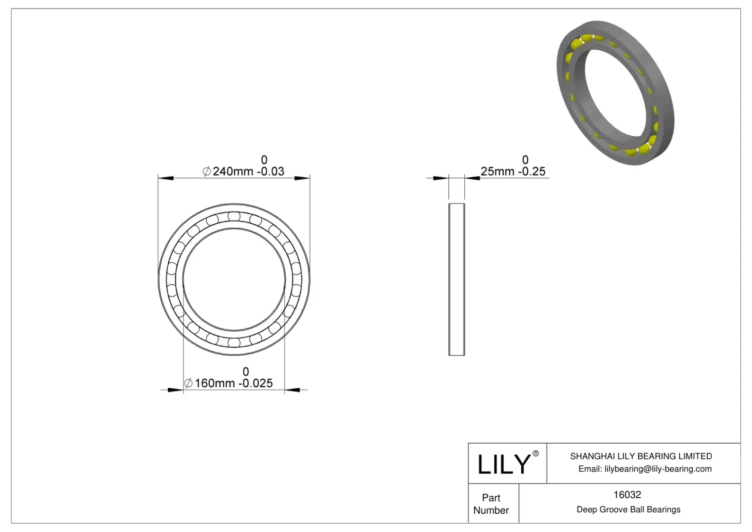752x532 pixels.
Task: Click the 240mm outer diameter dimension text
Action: pyautogui.click(x=233, y=172)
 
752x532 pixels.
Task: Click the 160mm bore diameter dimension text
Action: pyautogui.click(x=215, y=383)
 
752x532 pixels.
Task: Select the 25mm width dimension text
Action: pyautogui.click(x=497, y=172)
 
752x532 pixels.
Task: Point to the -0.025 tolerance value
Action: pyautogui.click(x=256, y=383)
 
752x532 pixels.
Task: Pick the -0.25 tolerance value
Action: pyautogui.click(x=532, y=172)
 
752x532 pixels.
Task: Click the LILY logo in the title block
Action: pyautogui.click(x=504, y=464)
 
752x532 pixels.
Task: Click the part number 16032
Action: pyautogui.click(x=627, y=494)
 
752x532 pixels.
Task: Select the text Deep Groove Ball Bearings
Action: pyautogui.click(x=628, y=509)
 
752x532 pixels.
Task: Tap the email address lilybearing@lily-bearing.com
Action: pyautogui.click(x=658, y=469)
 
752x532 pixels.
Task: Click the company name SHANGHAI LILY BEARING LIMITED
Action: pyautogui.click(x=641, y=456)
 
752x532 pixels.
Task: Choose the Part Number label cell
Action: pyautogui.click(x=491, y=504)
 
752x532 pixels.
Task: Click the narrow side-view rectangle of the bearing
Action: pyautogui.click(x=456, y=279)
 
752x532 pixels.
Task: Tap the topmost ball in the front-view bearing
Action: pyautogui.click(x=234, y=216)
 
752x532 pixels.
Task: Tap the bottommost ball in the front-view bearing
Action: pyautogui.click(x=234, y=342)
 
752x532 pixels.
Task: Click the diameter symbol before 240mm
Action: pyautogui.click(x=207, y=172)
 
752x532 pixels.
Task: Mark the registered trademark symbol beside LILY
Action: pyautogui.click(x=535, y=454)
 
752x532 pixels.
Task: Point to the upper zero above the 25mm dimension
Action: pyautogui.click(x=525, y=160)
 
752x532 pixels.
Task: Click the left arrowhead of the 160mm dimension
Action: pyautogui.click(x=177, y=390)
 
